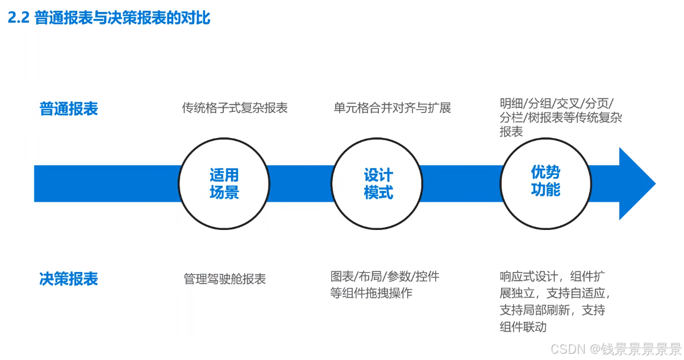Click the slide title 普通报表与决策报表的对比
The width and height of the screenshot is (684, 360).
pos(122,18)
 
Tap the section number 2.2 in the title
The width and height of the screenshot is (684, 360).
pos(19,18)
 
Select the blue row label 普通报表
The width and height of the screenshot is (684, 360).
pos(69,108)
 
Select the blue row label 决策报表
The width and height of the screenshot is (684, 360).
pos(69,279)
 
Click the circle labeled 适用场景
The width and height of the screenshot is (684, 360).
pos(223,183)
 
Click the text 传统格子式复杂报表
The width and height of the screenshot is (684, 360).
pos(235,108)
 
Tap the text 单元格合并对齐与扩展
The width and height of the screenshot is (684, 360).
pos(392,108)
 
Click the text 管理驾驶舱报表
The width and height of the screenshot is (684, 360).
pos(224,279)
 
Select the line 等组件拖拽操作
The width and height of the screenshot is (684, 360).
pos(371,293)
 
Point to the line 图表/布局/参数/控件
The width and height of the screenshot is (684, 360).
pos(385,277)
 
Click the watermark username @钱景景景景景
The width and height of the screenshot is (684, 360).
pos(635,348)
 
